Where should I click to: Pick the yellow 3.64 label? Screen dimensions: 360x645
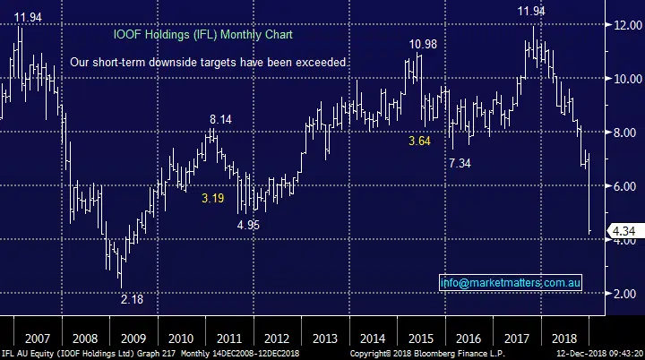point(419,141)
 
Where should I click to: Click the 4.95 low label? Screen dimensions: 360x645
point(247,225)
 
